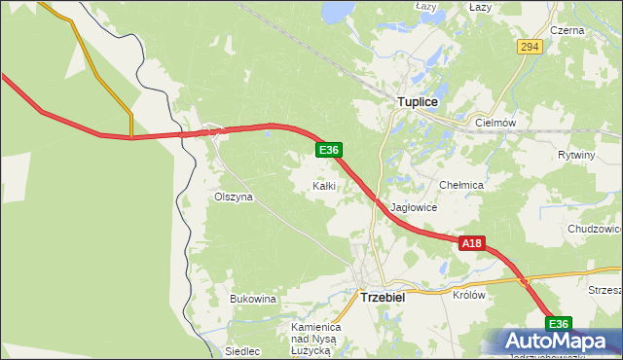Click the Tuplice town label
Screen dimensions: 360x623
point(418,101)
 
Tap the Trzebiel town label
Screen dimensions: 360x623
point(383,298)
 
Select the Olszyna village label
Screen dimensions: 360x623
point(233,197)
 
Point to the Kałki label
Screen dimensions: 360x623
point(324,185)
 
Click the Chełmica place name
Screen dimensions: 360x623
point(461,185)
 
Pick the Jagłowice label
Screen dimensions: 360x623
point(415,207)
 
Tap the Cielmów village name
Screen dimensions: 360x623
point(495,124)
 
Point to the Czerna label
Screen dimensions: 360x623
point(567,30)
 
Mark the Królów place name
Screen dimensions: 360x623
point(469,294)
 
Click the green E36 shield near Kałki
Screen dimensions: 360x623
point(329,150)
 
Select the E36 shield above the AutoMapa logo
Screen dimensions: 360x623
point(557,324)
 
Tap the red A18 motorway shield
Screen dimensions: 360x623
point(472,244)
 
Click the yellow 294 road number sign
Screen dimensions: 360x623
point(529,47)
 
